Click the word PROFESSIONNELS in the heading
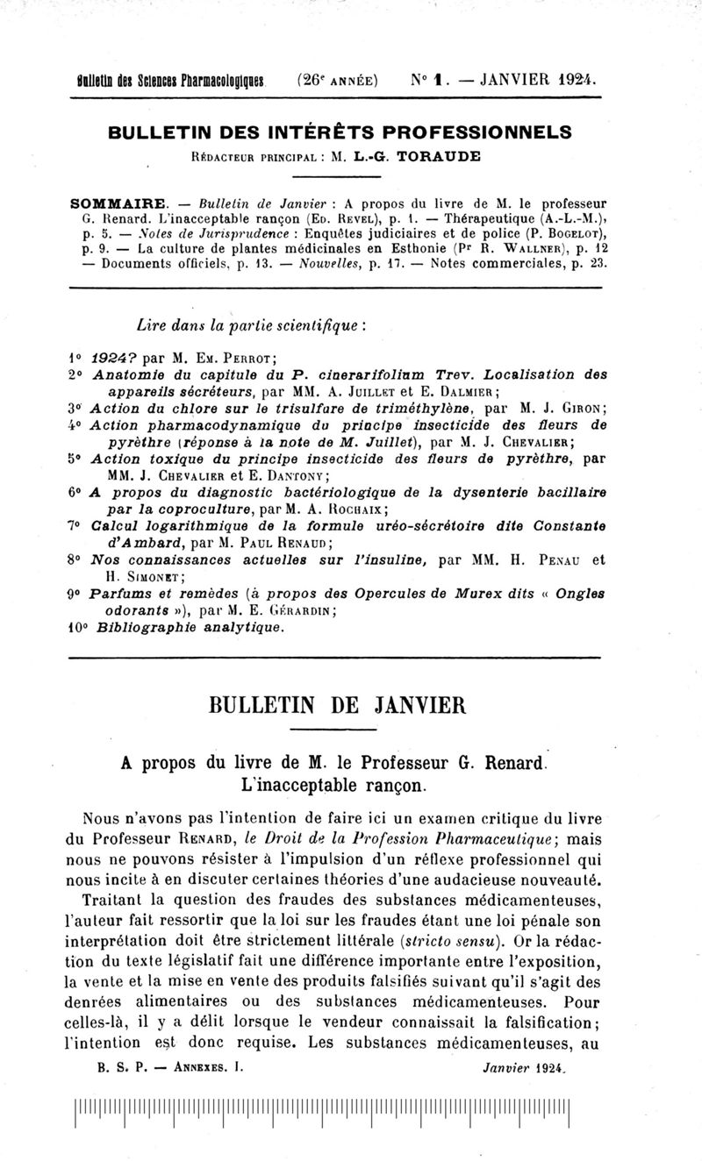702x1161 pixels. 482,132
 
